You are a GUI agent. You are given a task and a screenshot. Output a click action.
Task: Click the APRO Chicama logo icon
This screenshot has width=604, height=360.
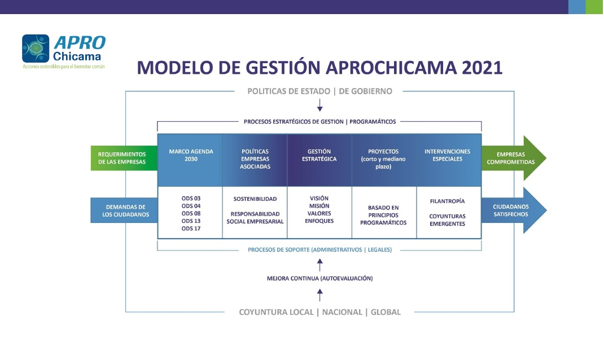click(36, 49)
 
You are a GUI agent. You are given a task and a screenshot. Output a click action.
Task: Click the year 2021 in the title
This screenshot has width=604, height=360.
click(482, 68)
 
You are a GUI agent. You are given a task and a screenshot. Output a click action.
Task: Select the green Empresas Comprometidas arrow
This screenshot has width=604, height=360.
click(514, 158)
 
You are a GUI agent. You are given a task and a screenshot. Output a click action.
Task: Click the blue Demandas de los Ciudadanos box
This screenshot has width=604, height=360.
click(124, 210)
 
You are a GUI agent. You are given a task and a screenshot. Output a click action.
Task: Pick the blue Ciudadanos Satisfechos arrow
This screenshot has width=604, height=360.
click(514, 210)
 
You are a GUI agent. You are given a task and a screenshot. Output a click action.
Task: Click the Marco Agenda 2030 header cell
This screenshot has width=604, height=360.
click(190, 160)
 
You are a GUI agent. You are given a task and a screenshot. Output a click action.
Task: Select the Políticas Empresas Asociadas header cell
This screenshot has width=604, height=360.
click(255, 160)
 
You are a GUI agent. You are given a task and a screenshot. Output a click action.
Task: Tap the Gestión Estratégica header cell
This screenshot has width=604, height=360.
click(319, 160)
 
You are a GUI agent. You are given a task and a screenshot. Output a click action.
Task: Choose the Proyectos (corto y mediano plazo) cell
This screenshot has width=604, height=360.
click(384, 160)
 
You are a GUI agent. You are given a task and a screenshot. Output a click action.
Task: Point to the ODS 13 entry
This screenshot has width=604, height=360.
click(191, 221)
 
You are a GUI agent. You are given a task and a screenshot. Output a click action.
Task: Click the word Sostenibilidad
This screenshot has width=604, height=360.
click(255, 199)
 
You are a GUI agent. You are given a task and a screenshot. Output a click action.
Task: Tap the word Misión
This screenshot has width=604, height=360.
click(319, 206)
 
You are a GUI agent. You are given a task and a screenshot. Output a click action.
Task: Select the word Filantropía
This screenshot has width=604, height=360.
click(447, 201)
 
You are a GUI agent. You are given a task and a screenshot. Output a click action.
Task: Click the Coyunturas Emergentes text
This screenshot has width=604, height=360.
click(447, 220)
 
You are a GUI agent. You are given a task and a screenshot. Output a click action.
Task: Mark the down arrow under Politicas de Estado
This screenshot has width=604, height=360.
click(319, 105)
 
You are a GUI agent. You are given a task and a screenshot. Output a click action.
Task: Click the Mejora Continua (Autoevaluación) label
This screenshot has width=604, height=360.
click(319, 278)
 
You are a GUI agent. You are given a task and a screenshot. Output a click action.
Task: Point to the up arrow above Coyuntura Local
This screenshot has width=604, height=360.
click(319, 295)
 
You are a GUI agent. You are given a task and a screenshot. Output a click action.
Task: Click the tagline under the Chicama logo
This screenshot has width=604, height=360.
click(64, 67)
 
